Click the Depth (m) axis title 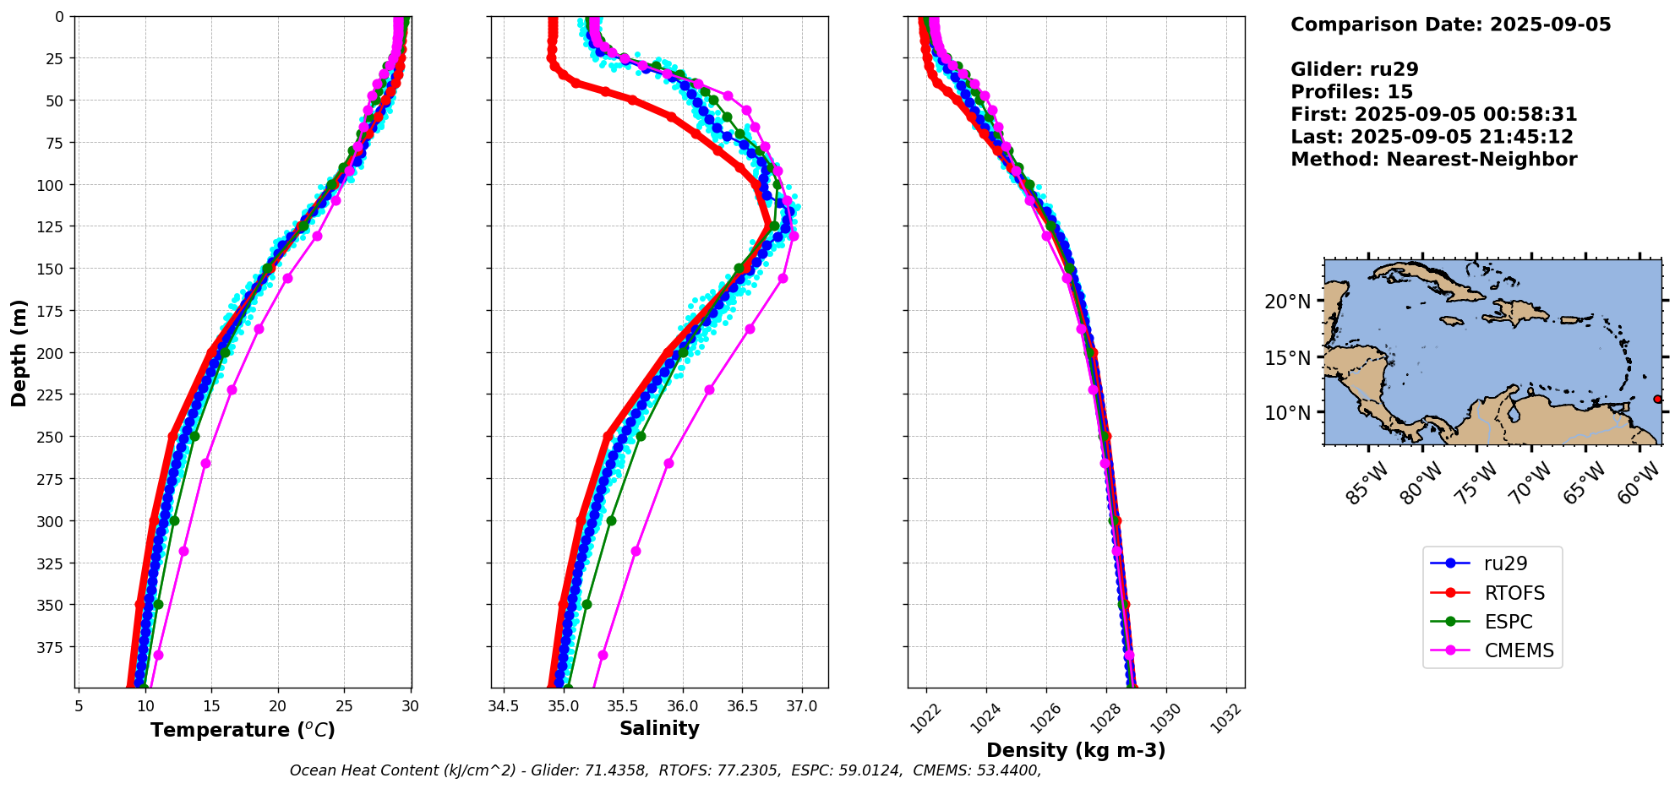pos(19,352)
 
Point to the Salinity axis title pos(659,729)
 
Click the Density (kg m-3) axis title pos(1076,750)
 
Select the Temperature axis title pos(243,730)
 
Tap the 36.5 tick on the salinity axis pos(742,706)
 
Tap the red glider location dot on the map pos(1656,399)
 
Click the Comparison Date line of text pos(1450,24)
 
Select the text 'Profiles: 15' pos(1351,92)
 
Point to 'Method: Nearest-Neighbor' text pos(1433,160)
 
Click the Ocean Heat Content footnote pos(665,770)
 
